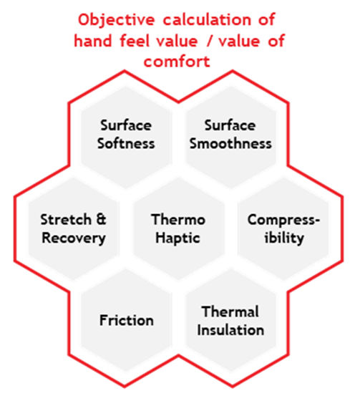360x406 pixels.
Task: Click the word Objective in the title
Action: [x=117, y=21]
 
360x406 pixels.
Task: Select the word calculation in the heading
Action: [x=207, y=19]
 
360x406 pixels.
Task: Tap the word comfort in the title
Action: [x=177, y=62]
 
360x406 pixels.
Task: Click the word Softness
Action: [x=126, y=143]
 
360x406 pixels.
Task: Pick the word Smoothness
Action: [x=230, y=143]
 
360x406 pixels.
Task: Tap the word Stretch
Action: [x=66, y=220]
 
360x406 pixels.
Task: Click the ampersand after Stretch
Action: [x=101, y=219]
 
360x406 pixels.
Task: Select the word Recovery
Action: [x=74, y=238]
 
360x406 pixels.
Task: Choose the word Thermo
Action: [x=178, y=220]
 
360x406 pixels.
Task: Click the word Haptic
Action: [x=177, y=238]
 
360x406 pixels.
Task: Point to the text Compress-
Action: [x=283, y=221]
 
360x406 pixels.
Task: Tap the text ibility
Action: [x=284, y=238]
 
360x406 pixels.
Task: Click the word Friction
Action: [x=126, y=320]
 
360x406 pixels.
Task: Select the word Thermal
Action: [x=230, y=311]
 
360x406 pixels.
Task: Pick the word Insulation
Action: [x=230, y=330]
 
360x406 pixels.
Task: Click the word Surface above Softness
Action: [x=126, y=125]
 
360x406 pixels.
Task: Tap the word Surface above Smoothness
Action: [x=230, y=125]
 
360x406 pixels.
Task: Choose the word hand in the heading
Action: [x=93, y=41]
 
